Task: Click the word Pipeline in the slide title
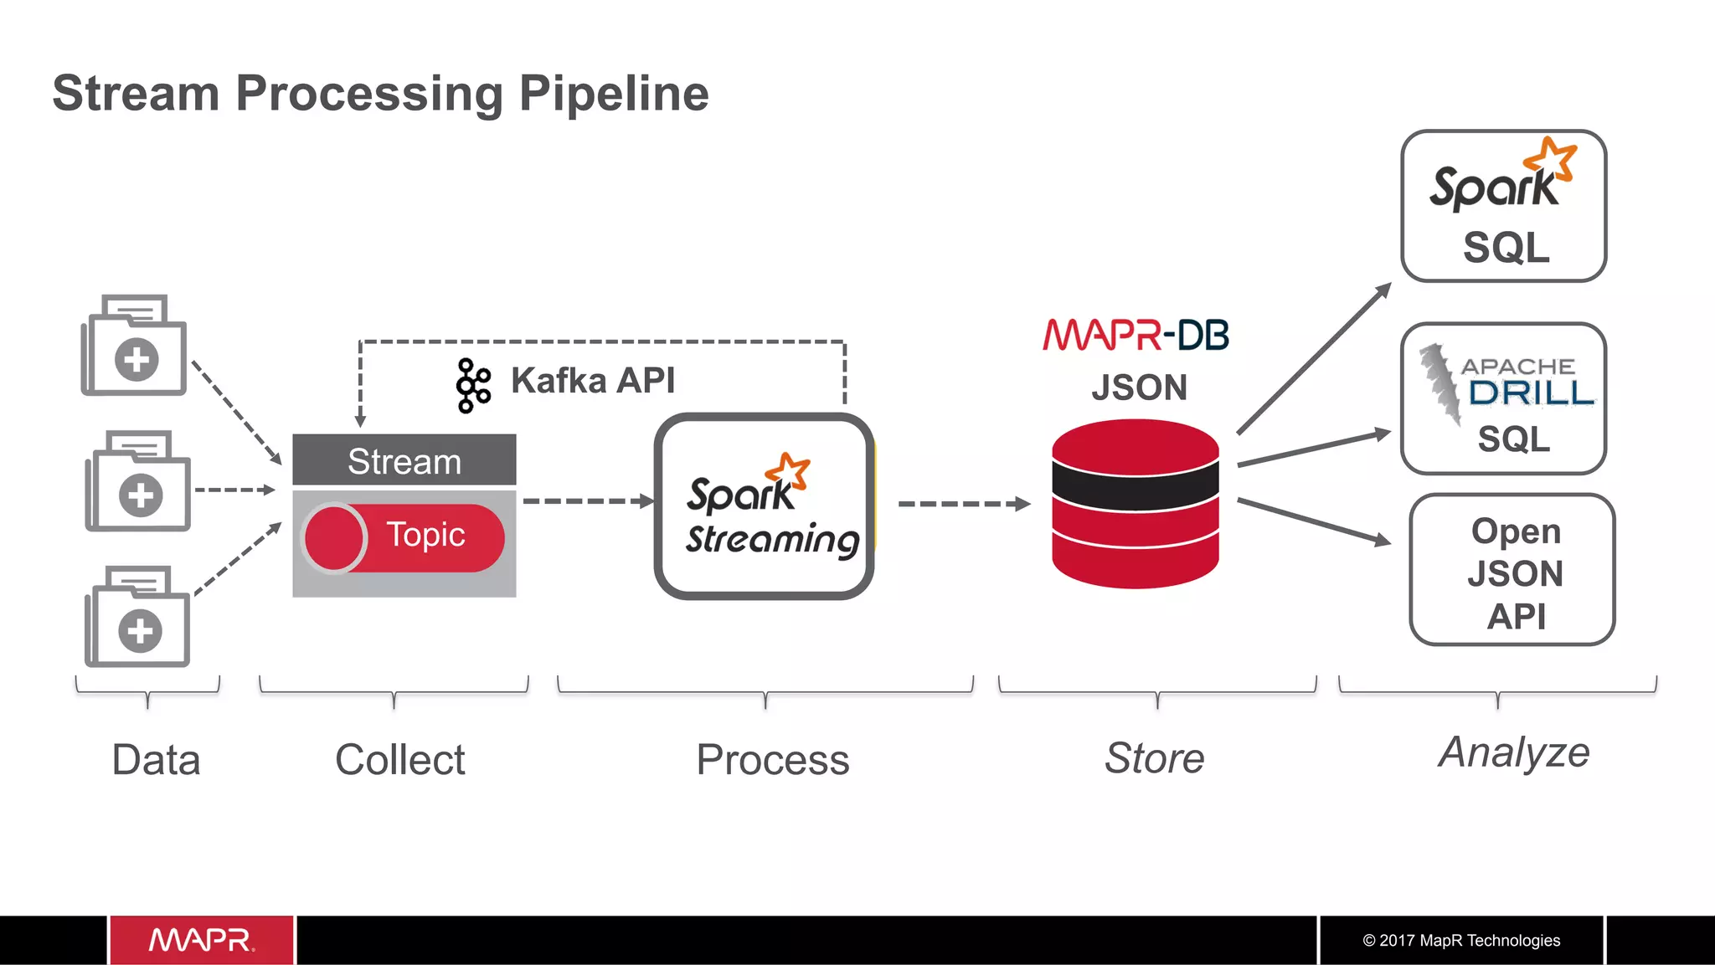614,93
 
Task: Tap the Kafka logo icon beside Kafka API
474,385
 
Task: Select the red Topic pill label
425,536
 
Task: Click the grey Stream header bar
404,460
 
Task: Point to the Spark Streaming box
764,506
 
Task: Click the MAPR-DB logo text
1136,335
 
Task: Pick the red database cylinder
1135,504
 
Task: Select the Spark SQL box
1503,206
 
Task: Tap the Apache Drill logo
1507,382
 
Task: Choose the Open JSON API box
1512,570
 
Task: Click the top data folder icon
134,345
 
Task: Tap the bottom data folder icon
137,617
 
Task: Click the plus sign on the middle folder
141,495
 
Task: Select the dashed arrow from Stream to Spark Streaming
586,501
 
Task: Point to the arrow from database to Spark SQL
1313,359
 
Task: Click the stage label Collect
399,759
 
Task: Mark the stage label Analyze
1513,752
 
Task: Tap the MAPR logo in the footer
201,940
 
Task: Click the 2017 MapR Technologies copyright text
1461,941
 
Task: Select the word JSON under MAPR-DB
1139,388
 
